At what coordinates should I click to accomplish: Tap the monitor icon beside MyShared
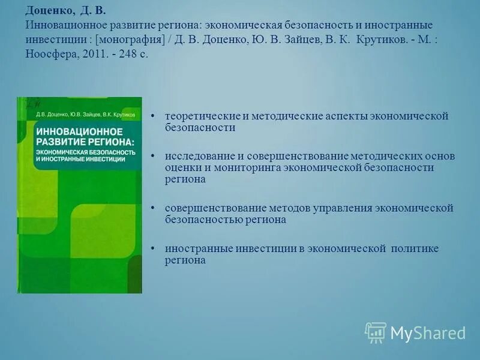click(376, 332)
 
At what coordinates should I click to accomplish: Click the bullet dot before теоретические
click(154, 116)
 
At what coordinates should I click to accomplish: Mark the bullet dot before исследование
click(154, 156)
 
